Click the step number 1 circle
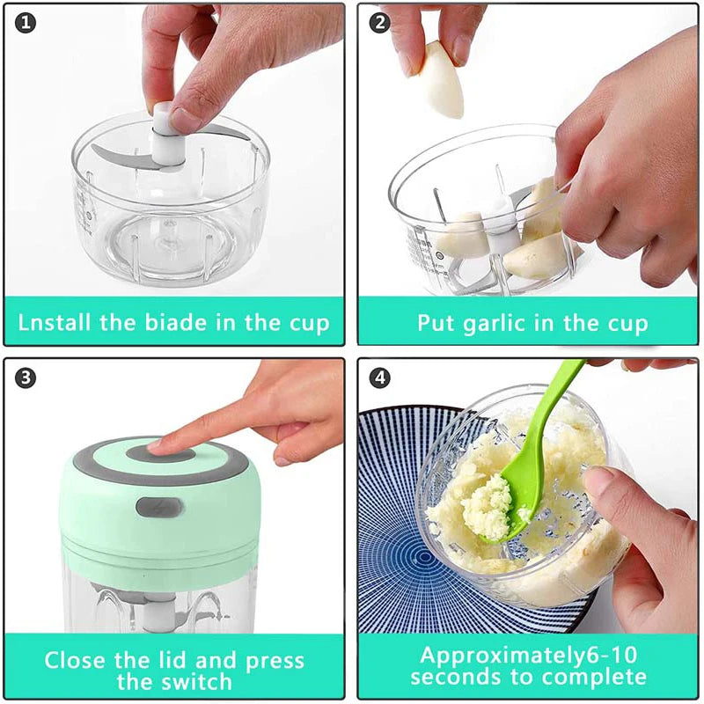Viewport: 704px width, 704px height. (27, 23)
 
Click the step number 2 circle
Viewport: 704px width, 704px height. (380, 23)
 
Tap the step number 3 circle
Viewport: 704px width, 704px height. (27, 378)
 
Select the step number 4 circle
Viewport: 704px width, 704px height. (380, 378)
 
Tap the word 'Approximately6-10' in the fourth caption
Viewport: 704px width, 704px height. (528, 655)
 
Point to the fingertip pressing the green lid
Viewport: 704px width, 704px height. (163, 446)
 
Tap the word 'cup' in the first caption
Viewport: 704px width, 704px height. (307, 321)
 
